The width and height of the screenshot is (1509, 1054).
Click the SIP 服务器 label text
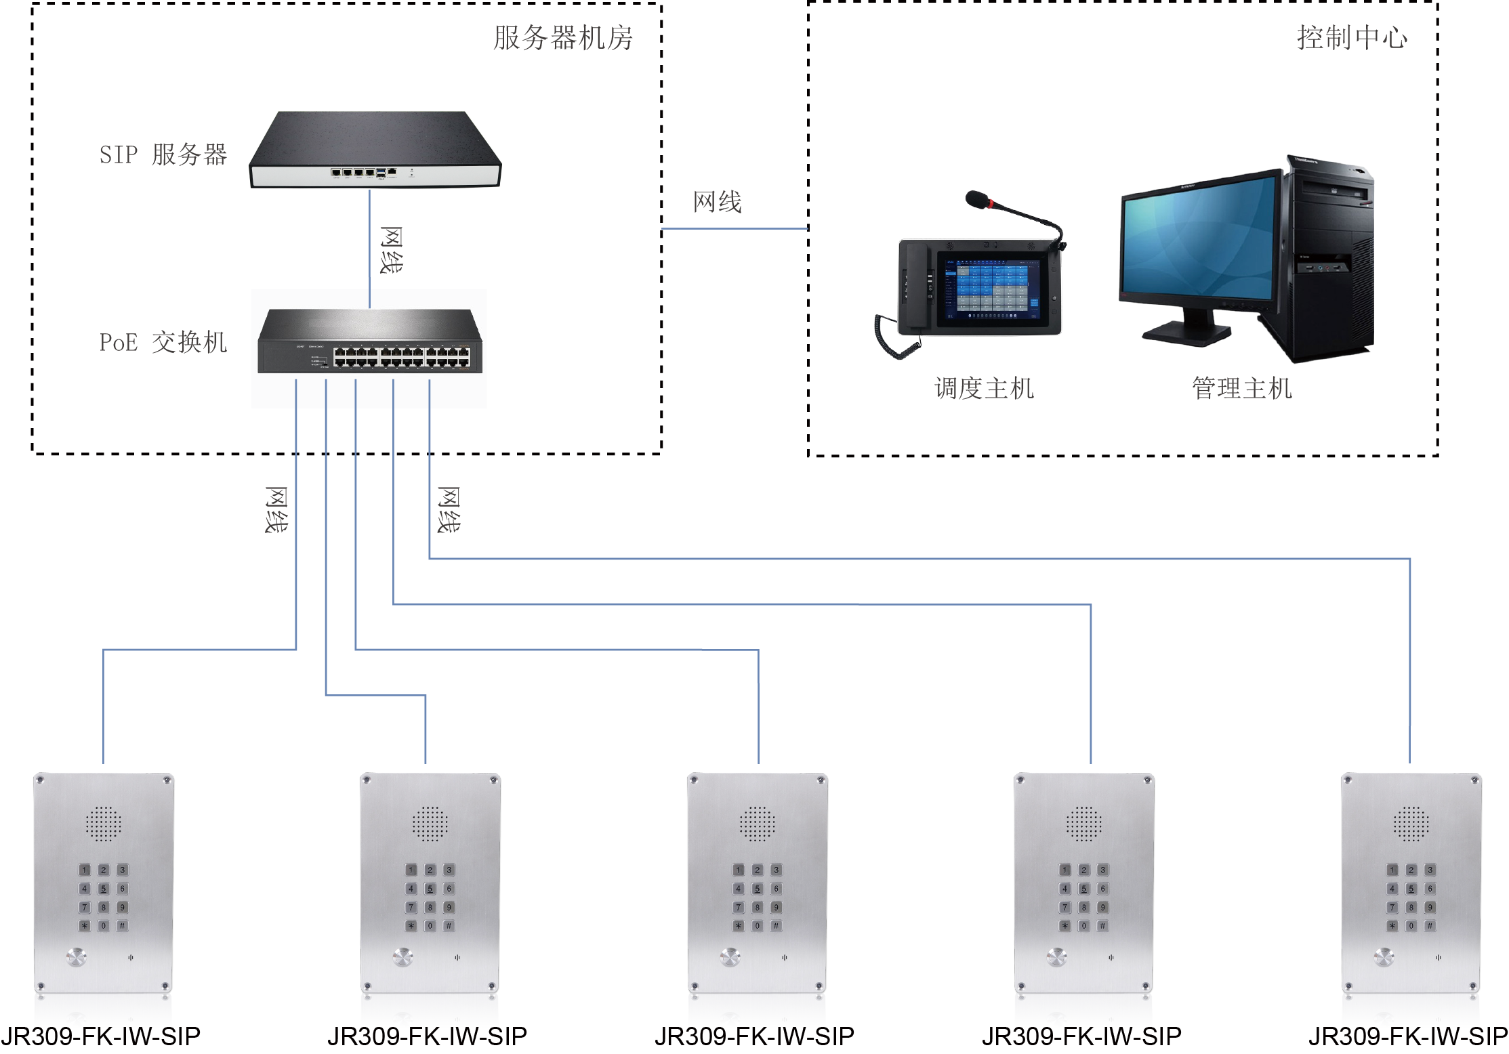point(163,154)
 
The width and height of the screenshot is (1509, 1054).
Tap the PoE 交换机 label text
point(163,342)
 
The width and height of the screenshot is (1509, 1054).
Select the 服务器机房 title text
point(562,38)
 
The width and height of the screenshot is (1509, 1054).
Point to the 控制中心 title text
point(1352,38)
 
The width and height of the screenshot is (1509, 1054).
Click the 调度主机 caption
point(984,388)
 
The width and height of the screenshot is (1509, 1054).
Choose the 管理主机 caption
point(1242,388)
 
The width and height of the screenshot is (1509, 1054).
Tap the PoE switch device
point(370,342)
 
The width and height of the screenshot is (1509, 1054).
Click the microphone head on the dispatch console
point(977,199)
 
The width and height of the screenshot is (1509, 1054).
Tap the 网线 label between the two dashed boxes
point(718,201)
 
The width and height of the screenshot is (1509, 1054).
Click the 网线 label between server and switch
point(391,250)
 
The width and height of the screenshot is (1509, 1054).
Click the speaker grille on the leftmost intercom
point(103,824)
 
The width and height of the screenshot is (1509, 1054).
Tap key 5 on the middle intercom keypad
point(758,888)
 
